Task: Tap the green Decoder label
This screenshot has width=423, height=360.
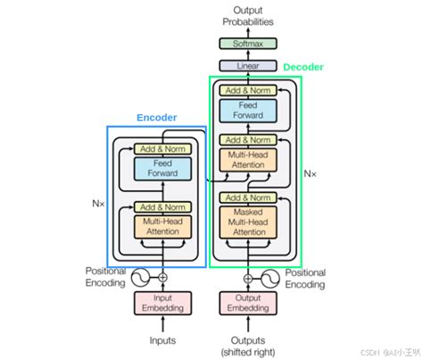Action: [x=303, y=67]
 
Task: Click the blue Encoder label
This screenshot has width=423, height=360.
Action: [x=157, y=117]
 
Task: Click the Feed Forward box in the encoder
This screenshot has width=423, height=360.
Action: [x=162, y=169]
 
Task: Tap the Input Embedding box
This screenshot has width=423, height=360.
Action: [x=162, y=305]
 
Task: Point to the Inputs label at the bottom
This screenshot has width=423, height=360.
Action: [x=162, y=339]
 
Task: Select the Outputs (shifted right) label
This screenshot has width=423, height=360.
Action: [x=253, y=345]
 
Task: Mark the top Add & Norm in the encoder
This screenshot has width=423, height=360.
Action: [x=162, y=149]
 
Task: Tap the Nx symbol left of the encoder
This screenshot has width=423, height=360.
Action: [x=98, y=204]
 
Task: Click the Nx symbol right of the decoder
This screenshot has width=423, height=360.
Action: [x=311, y=172]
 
